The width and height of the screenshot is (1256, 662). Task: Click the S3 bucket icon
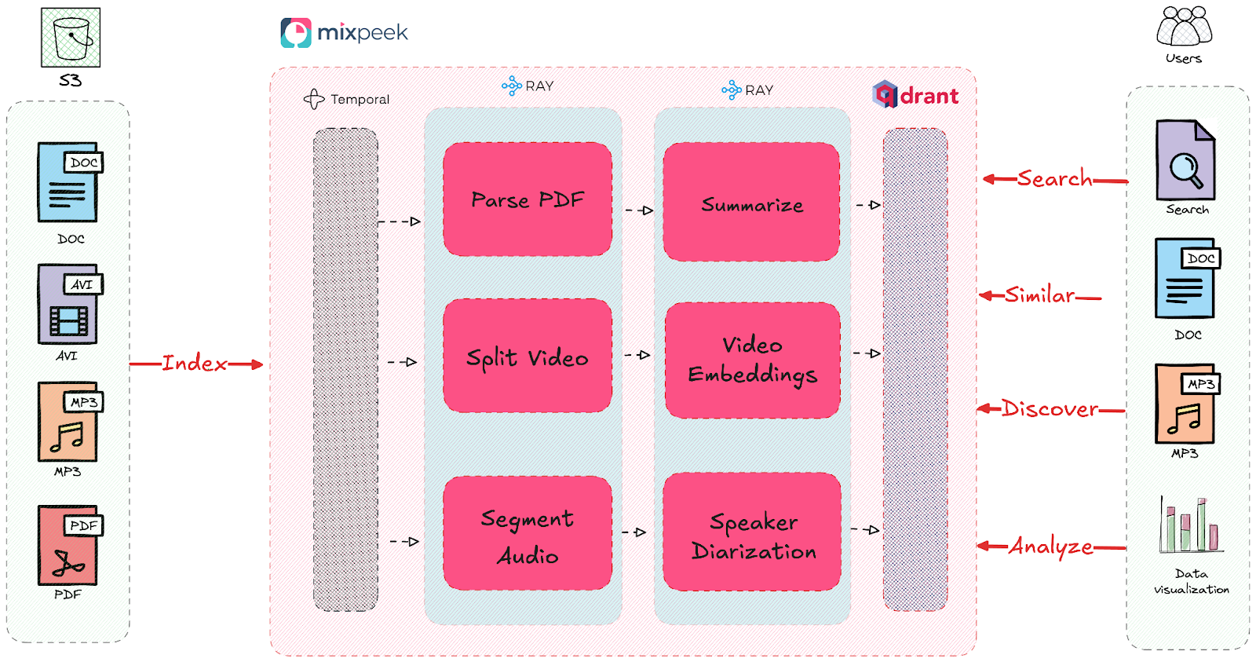pos(71,38)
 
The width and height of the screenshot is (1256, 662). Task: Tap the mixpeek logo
pos(344,33)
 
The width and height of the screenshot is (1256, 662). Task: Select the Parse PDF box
pos(528,199)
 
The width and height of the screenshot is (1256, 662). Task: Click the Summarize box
pos(751,203)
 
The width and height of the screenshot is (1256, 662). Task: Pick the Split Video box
pos(528,356)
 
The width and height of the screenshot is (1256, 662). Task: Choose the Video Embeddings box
pos(752,360)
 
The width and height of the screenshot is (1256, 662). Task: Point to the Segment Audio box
pos(528,533)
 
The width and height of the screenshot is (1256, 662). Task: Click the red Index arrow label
pos(195,364)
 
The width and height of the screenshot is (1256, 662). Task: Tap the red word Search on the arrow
pos(1054,179)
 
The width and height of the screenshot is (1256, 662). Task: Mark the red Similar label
pos(1039,295)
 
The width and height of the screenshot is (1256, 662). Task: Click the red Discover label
pos(1050,409)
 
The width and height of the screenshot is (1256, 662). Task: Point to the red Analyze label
pos(1050,546)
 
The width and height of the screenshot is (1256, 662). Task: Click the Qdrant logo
pos(915,95)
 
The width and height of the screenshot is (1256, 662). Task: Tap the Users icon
pos(1184,27)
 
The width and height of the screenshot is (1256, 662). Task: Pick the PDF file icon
pos(69,545)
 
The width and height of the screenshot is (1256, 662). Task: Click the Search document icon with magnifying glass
pos(1185,160)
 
